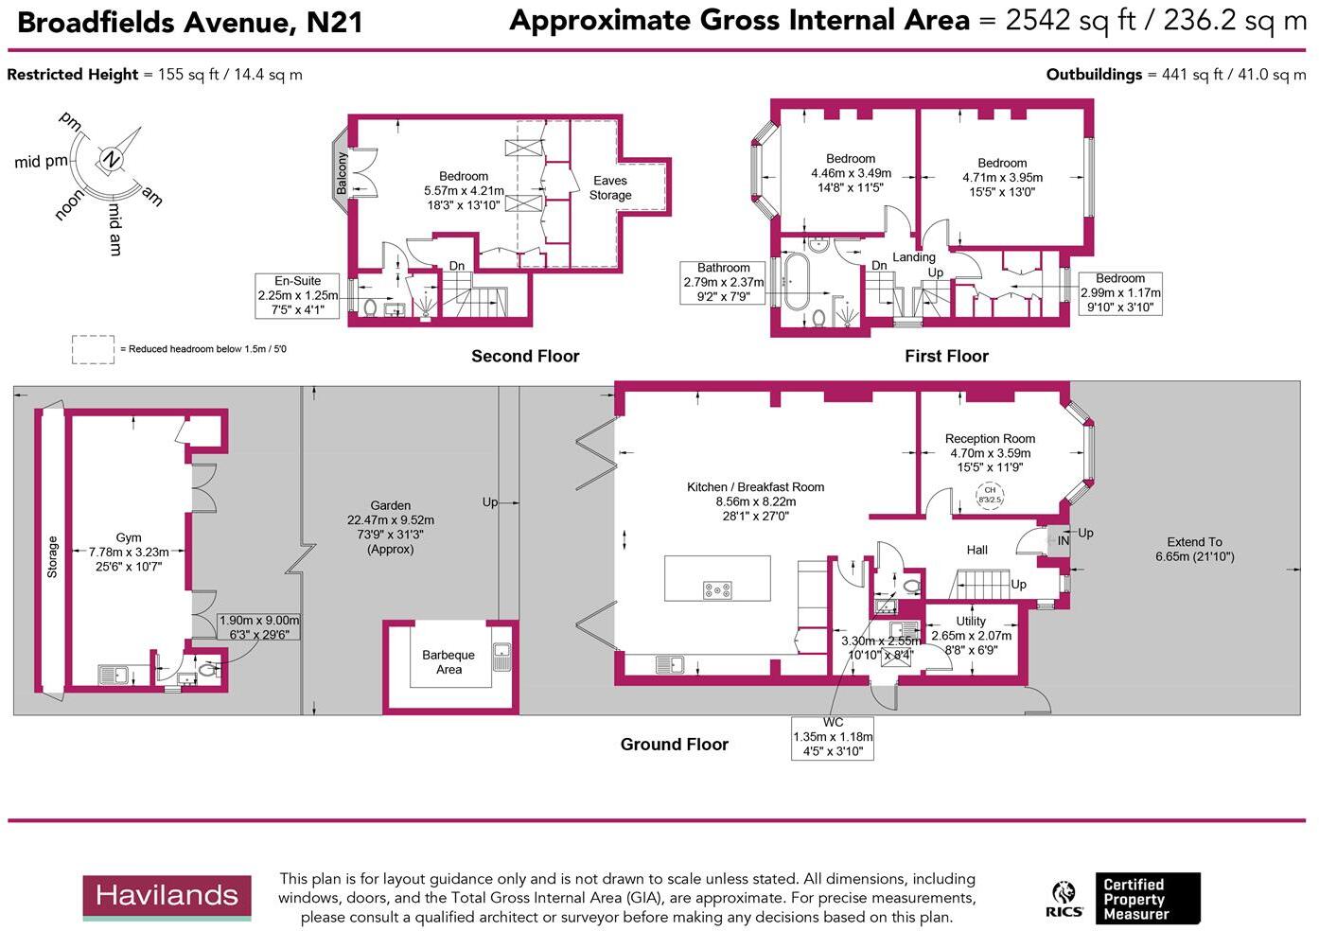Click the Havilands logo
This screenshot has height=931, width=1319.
[x=167, y=897]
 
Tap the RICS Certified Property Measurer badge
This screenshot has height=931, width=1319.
[x=1123, y=899]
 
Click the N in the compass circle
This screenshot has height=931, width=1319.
[x=112, y=159]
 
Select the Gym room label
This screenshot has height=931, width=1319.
[x=129, y=537]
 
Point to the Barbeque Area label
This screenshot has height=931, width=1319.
[x=448, y=661]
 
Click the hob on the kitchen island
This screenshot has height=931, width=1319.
[x=717, y=589]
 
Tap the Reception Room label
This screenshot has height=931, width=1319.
[x=990, y=438]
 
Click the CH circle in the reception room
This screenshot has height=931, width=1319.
[x=990, y=494]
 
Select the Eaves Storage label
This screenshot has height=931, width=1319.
[x=610, y=187]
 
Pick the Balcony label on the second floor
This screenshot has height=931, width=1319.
[x=342, y=174]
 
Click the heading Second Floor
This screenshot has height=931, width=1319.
[x=525, y=356]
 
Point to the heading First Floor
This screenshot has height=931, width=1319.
[x=946, y=356]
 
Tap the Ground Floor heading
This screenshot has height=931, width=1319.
[x=674, y=744]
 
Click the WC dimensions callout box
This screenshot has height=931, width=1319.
[x=833, y=736]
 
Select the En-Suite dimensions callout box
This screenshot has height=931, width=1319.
[x=297, y=295]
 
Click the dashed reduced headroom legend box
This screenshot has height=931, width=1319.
[x=93, y=349]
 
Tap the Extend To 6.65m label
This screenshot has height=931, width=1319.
[x=1194, y=549]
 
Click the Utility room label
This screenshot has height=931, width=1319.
[x=971, y=622]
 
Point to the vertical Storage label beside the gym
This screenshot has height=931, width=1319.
[x=53, y=556]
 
